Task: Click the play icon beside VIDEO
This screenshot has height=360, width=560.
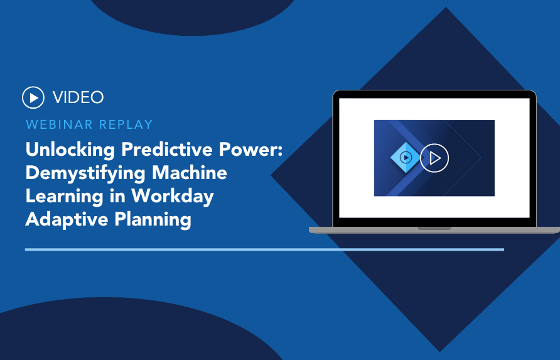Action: [33, 97]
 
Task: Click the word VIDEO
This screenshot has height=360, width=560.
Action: [78, 97]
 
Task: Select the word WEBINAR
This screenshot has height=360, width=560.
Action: [59, 124]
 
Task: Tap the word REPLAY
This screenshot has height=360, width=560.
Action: [126, 124]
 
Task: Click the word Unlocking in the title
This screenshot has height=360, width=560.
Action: [70, 150]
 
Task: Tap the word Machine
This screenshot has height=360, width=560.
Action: [190, 172]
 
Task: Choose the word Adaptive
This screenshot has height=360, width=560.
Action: [67, 219]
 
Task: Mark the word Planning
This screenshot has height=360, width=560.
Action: [153, 219]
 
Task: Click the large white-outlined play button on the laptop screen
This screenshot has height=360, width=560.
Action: [434, 158]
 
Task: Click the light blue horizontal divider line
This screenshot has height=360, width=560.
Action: [264, 249]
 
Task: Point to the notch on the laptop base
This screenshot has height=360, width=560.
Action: [434, 228]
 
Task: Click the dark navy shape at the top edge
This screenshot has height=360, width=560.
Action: [193, 16]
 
